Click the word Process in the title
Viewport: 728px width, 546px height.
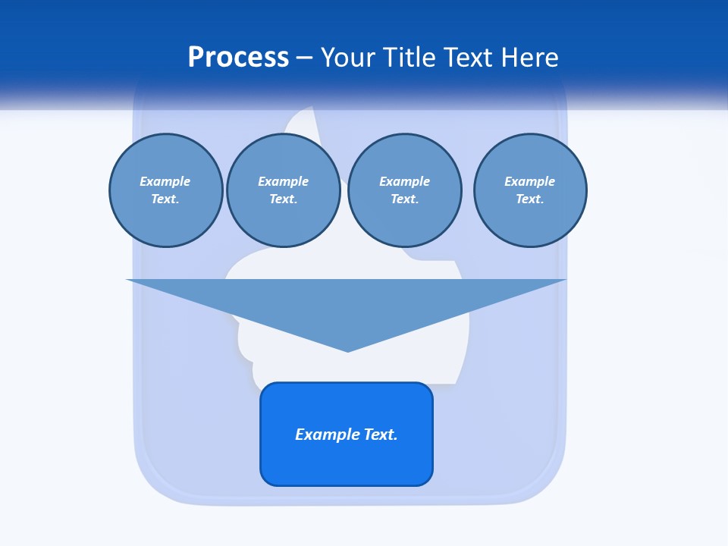tap(238, 58)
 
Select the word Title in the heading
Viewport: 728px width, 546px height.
tap(409, 58)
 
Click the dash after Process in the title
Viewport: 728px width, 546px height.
tap(304, 58)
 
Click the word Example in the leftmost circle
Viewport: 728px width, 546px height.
tap(165, 181)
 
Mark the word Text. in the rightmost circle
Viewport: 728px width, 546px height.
tap(530, 199)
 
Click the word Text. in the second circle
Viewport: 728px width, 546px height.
tap(283, 199)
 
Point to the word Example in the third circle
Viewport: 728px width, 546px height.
tap(404, 181)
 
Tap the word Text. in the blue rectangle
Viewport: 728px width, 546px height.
tap(381, 435)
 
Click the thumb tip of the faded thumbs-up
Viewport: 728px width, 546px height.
tap(303, 114)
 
